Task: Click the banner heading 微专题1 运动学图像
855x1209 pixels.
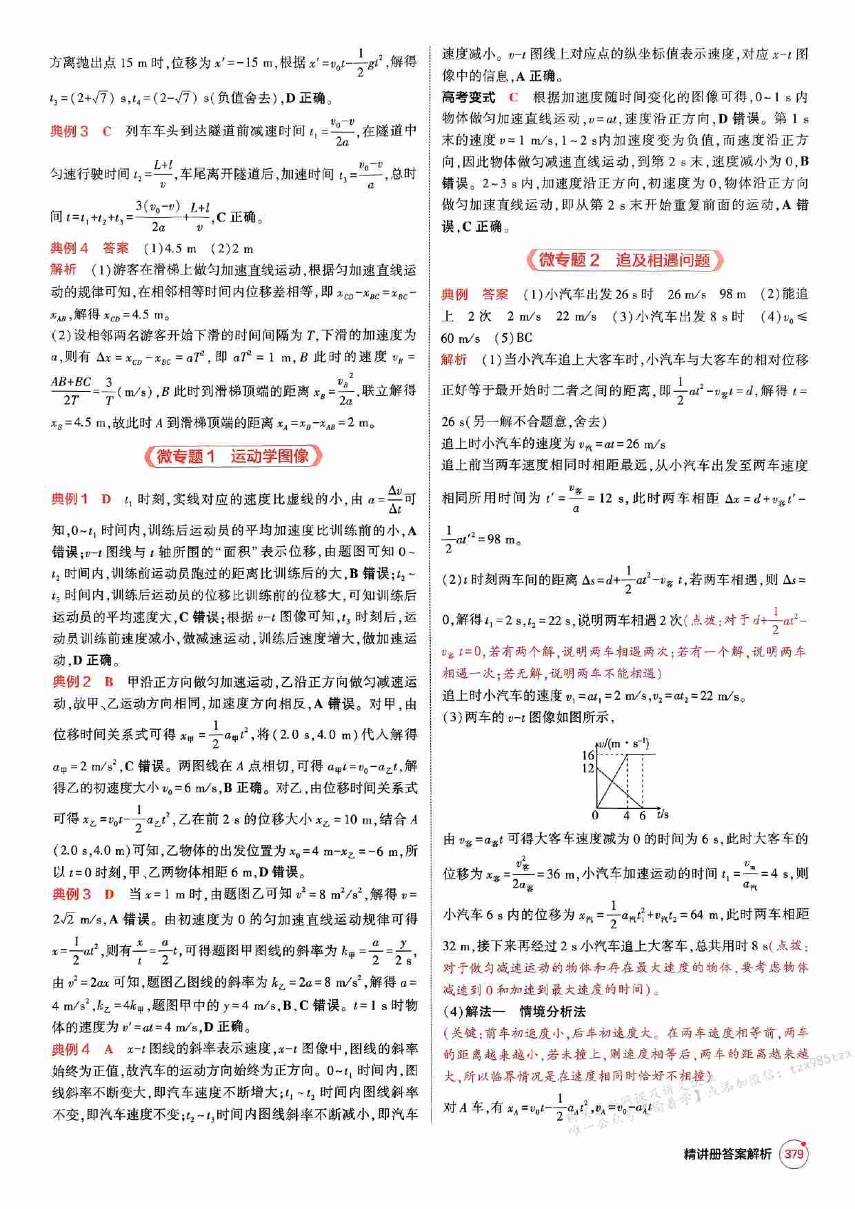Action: (x=233, y=457)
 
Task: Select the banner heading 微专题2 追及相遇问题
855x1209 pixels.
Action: (x=625, y=261)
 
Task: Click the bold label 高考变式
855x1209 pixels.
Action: (x=468, y=97)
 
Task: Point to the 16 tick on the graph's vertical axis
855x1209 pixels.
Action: (x=587, y=755)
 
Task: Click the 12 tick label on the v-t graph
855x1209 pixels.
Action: (x=587, y=768)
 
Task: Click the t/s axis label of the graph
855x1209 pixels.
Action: (x=663, y=815)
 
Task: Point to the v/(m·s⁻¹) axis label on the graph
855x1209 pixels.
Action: (x=623, y=743)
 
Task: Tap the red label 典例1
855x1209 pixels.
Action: (x=70, y=499)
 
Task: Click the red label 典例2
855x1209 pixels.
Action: (x=72, y=682)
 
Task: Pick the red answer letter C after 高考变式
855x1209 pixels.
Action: (x=514, y=97)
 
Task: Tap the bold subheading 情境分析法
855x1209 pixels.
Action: (x=552, y=1012)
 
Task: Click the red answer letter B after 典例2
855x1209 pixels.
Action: (x=109, y=682)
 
